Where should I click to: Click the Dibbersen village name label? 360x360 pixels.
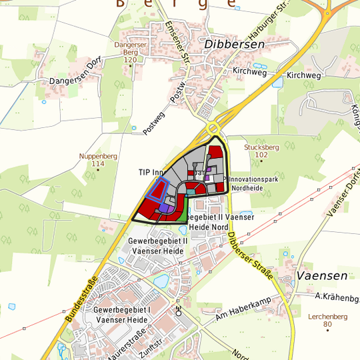[235, 44]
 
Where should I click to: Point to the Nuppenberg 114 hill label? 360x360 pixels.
[98, 159]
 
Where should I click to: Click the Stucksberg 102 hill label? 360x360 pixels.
[261, 151]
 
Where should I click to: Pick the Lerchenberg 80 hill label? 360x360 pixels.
[327, 320]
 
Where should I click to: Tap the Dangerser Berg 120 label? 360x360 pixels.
[129, 52]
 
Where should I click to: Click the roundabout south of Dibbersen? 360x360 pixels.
[214, 127]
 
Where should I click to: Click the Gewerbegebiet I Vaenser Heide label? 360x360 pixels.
[122, 315]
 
